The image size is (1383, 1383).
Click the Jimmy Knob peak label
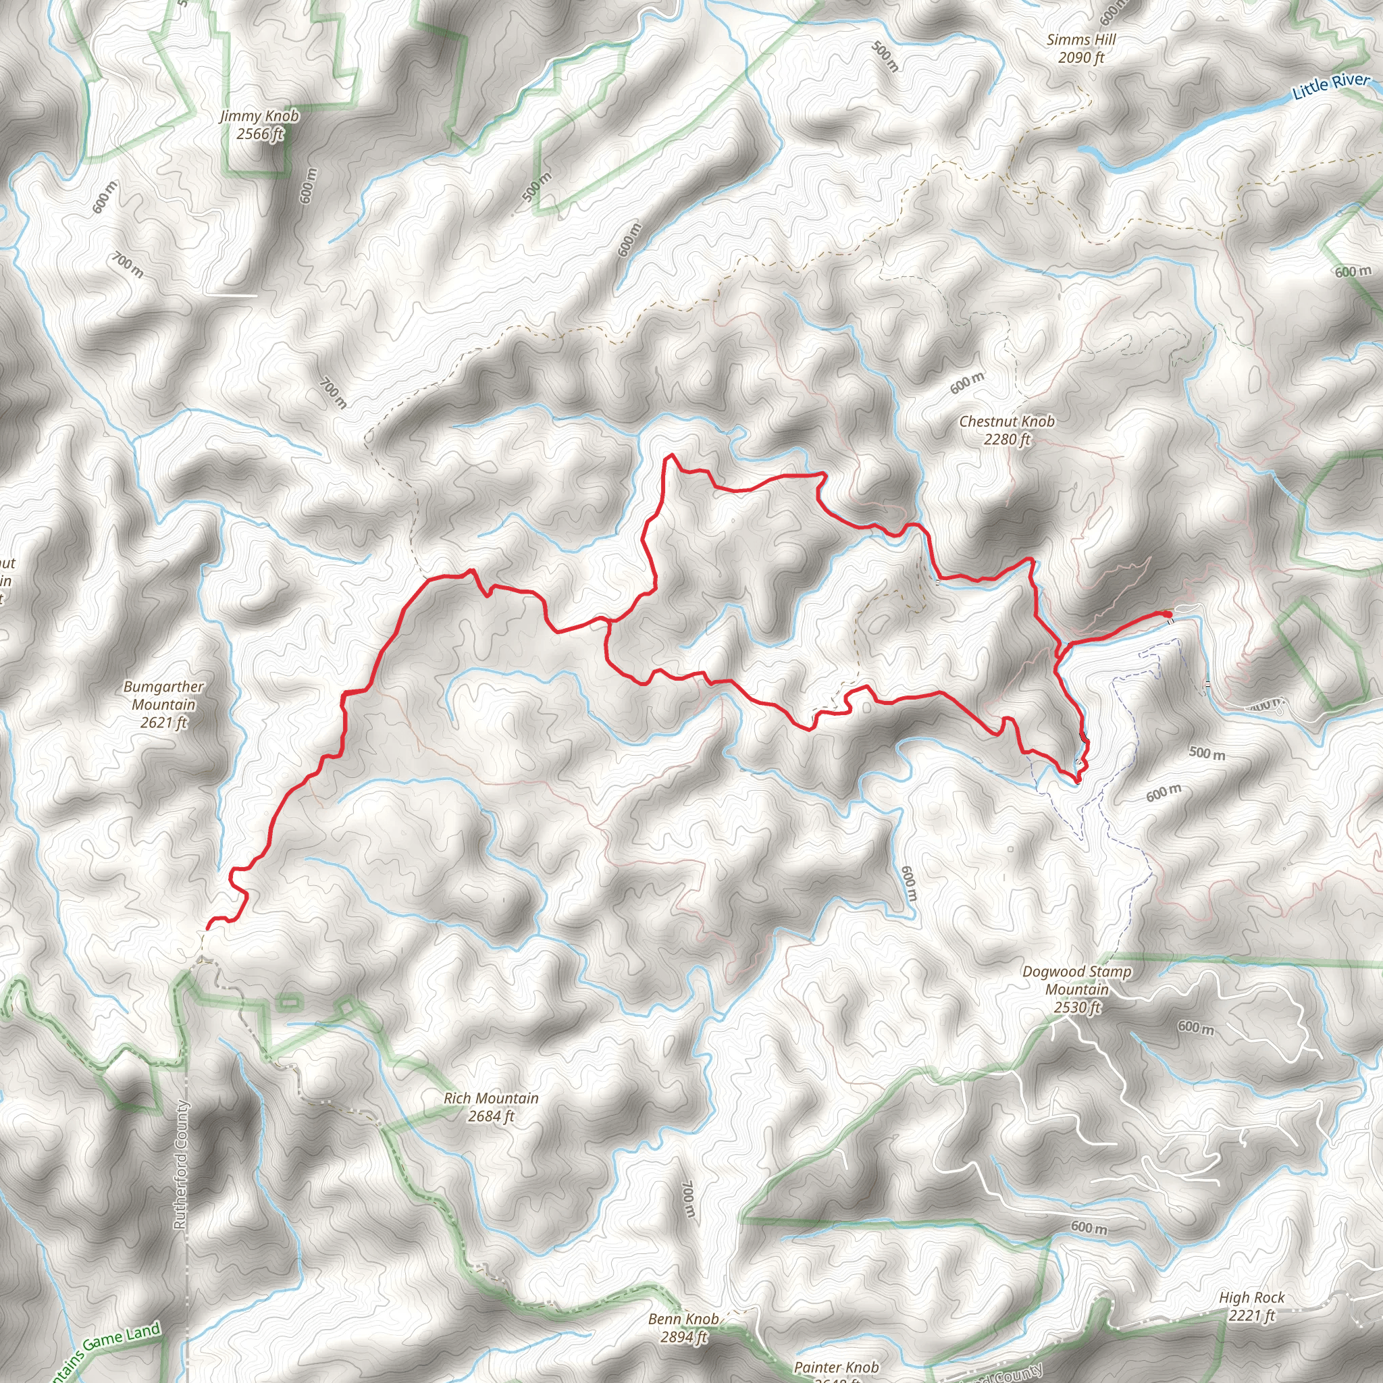259,116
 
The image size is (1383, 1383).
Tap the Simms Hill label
1081,40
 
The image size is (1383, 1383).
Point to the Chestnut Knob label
1006,421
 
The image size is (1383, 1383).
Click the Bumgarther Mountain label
163,695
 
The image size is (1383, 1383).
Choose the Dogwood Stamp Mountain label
1076,980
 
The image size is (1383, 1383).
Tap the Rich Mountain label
491,1098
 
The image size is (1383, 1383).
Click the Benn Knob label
683,1319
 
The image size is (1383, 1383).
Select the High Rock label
1252,1298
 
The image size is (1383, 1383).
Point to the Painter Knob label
836,1367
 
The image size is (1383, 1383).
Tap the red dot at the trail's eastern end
1168,615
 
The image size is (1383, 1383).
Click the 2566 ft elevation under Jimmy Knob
260,134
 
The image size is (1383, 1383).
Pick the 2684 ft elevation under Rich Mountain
491,1116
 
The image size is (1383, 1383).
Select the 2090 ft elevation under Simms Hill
1081,58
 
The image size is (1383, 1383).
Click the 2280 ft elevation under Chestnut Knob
1006,440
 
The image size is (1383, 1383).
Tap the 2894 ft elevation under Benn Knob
683,1336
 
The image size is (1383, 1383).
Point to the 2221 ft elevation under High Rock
1252,1315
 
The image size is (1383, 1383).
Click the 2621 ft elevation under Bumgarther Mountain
163,723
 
